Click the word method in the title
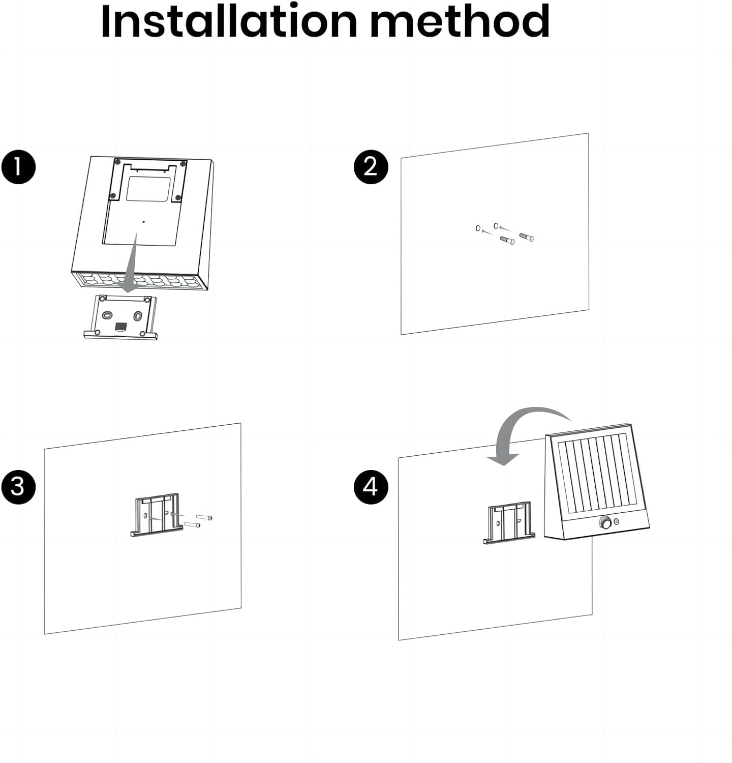pos(460,21)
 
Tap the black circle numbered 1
pos(18,166)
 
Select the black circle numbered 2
pos(371,166)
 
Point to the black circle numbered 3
pos(18,486)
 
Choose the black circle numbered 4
pos(371,487)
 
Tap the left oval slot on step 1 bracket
pos(106,315)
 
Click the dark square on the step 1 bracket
pos(121,326)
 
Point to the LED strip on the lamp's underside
pos(140,281)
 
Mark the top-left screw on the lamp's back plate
pos(117,162)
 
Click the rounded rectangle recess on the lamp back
pos(148,189)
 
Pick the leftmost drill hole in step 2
pos(478,228)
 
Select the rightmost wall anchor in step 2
pos(527,237)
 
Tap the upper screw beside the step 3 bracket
pos(204,517)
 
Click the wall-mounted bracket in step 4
pos(508,523)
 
